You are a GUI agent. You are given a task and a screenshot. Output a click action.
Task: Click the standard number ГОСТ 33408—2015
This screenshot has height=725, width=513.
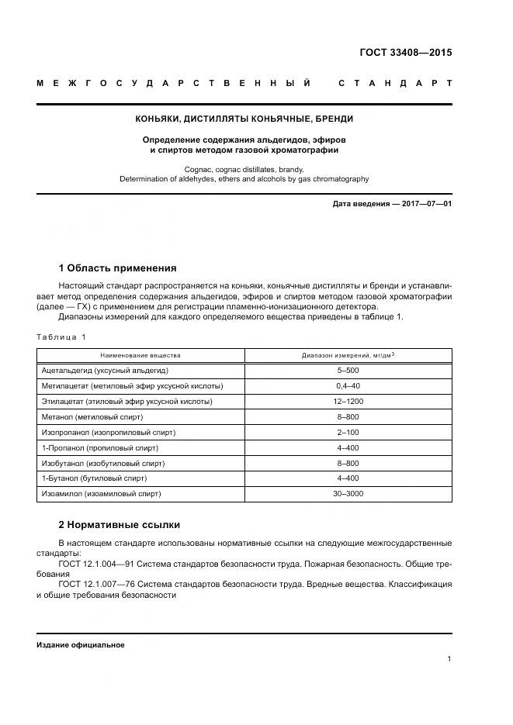(x=405, y=53)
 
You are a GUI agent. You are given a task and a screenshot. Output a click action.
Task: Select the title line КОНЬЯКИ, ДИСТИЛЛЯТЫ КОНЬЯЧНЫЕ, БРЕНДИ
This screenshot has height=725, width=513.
(x=244, y=119)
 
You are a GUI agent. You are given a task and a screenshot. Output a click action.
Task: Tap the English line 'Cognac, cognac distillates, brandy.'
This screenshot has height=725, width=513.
(x=244, y=168)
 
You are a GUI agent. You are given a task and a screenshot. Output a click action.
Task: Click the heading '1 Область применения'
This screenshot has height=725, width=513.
(x=117, y=268)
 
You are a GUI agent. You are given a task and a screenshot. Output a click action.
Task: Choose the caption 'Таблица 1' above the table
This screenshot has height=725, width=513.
(x=62, y=337)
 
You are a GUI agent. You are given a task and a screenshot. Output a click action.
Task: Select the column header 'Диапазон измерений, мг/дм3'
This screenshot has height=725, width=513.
(x=348, y=355)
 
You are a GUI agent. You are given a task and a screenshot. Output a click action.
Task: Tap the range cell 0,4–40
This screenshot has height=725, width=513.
(x=348, y=386)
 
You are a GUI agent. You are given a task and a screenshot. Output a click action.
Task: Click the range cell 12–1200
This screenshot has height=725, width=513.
(x=348, y=402)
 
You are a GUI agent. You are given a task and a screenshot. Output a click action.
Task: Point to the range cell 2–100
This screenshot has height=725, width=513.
(x=348, y=432)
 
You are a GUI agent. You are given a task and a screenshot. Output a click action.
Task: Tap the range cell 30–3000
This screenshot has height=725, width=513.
(x=348, y=493)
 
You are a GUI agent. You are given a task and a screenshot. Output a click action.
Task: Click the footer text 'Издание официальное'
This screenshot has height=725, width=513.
(x=81, y=645)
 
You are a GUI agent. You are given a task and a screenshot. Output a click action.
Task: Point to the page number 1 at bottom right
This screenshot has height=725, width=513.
(x=449, y=658)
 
